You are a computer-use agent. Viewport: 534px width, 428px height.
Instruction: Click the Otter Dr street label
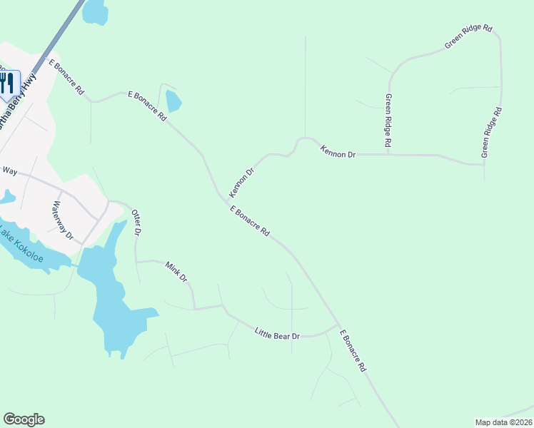click(137, 223)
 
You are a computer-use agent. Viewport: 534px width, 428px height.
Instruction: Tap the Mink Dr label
click(176, 271)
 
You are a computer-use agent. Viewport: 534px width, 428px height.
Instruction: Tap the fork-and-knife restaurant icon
click(8, 82)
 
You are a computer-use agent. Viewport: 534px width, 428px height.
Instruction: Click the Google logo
click(24, 419)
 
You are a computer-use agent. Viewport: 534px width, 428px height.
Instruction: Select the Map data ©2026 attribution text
click(503, 422)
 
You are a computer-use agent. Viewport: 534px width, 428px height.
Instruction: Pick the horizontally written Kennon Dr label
click(338, 152)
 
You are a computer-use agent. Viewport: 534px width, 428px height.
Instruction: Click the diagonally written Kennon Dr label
click(241, 183)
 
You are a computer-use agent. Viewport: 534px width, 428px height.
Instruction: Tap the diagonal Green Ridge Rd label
click(468, 36)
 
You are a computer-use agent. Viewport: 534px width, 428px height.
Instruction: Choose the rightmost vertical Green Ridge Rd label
click(492, 133)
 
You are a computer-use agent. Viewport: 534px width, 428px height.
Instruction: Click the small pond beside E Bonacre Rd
click(172, 101)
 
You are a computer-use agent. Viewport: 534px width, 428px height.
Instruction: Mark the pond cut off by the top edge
click(95, 11)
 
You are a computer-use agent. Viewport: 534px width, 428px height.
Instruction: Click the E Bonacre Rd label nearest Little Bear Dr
click(353, 351)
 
